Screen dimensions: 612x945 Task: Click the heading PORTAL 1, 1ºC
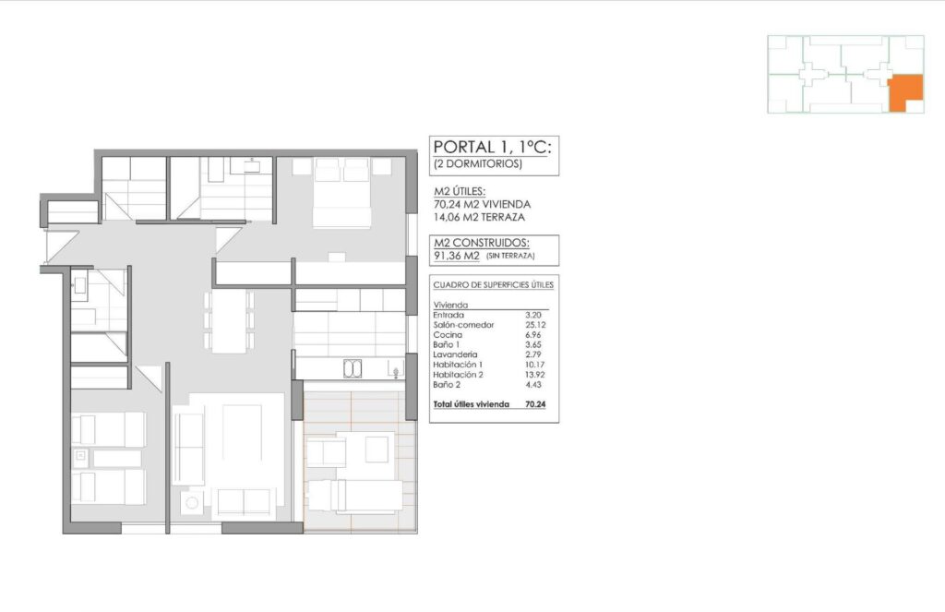point(496,147)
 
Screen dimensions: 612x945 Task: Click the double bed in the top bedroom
point(342,193)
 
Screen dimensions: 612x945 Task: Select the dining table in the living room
point(229,321)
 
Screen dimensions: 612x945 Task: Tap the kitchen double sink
point(353,369)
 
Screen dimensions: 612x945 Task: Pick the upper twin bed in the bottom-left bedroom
point(109,429)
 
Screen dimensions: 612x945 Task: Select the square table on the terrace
point(377,449)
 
